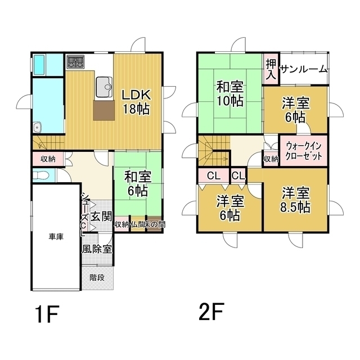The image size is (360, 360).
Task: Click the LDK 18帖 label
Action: click(136, 102)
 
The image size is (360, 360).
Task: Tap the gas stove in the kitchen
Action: click(75, 62)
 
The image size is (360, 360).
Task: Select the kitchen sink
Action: click(104, 87)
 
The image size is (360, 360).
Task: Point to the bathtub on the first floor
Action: click(39, 65)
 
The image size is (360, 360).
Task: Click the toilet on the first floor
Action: click(40, 175)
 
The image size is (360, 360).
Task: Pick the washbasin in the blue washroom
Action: click(37, 128)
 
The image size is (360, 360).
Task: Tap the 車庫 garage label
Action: click(56, 237)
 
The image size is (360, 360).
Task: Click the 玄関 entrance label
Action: click(101, 217)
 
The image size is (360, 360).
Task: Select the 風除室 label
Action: click(97, 249)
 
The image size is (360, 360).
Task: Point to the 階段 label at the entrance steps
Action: click(97, 277)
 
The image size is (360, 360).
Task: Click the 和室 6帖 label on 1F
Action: click(137, 184)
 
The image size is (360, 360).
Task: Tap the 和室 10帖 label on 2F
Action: click(230, 94)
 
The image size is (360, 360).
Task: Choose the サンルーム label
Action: click(304, 69)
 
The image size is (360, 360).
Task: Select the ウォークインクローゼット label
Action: click(304, 151)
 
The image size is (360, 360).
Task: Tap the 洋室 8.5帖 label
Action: click(295, 200)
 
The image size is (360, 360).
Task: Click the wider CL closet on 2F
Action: click(214, 176)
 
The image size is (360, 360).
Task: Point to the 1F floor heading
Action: click(47, 314)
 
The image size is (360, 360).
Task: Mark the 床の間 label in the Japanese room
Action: click(155, 224)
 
